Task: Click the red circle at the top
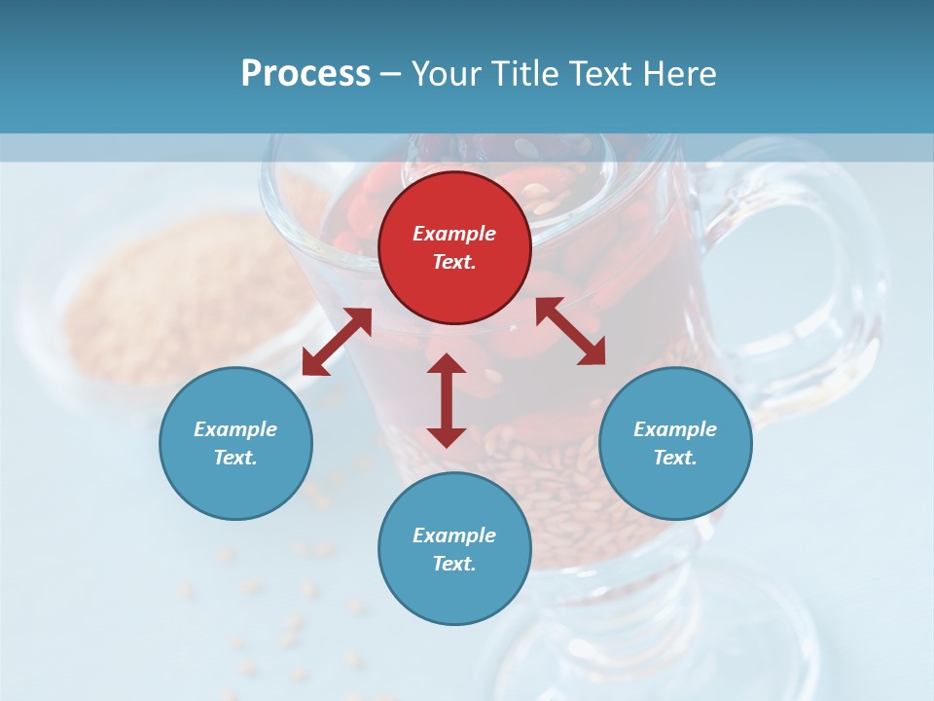point(454,247)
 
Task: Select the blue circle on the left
point(235,443)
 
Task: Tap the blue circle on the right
point(675,443)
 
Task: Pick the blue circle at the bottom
point(454,548)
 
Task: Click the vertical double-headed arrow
point(447,400)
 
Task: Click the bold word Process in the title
point(305,74)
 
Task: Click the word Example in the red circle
point(454,234)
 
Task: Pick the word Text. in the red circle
point(454,262)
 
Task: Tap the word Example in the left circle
point(235,429)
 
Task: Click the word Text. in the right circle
point(675,458)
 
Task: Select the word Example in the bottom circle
point(454,535)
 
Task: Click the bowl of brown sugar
point(165,292)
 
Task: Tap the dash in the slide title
point(391,75)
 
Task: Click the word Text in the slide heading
point(598,74)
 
